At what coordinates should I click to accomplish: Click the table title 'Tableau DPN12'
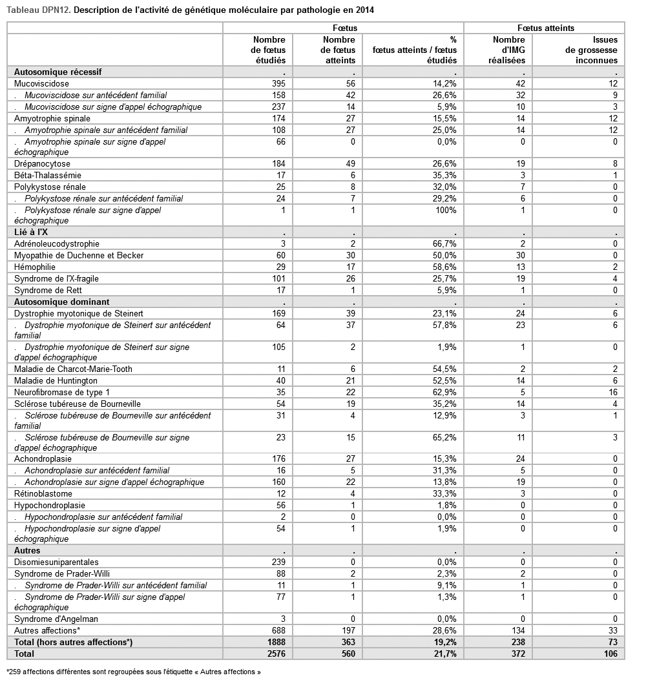click(39, 10)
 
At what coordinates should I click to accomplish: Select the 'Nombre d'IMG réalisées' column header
click(509, 50)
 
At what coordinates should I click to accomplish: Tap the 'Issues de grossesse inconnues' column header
click(591, 50)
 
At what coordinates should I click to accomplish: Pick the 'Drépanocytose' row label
click(43, 163)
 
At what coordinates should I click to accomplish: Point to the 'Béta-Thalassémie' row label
click(48, 175)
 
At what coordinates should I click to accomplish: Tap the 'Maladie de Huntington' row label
click(56, 380)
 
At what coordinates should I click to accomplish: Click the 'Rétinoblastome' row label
click(43, 493)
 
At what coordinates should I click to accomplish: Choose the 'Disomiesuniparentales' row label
click(56, 562)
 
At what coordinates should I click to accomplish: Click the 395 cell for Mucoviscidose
click(277, 83)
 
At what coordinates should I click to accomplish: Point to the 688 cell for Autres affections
click(277, 630)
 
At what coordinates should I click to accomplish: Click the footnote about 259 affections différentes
click(134, 672)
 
